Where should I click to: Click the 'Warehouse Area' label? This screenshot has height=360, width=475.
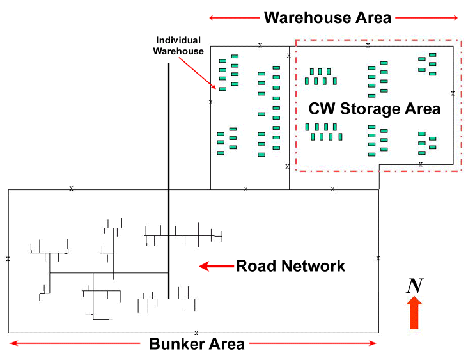[x=327, y=17]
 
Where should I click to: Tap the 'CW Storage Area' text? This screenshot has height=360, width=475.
[x=375, y=109]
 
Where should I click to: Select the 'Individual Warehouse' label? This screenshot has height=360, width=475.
[x=178, y=46]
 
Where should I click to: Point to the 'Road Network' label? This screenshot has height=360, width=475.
[x=291, y=266]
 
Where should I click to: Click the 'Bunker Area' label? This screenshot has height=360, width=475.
[x=197, y=344]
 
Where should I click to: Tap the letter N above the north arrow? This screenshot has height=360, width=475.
[x=414, y=286]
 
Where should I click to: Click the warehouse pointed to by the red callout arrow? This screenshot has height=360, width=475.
[x=222, y=89]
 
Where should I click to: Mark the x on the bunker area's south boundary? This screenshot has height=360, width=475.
[x=196, y=333]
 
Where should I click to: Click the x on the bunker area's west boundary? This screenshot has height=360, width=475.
[x=8, y=259]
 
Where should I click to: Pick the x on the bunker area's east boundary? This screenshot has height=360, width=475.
[x=378, y=258]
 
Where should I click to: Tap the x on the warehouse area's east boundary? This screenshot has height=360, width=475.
[x=453, y=93]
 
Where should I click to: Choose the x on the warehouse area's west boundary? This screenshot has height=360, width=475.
[x=210, y=102]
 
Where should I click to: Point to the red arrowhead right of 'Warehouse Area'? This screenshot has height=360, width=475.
[x=455, y=17]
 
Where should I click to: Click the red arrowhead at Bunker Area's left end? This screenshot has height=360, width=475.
[x=13, y=344]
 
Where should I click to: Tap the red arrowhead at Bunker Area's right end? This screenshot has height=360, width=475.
[x=373, y=344]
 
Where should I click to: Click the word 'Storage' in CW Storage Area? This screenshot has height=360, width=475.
[x=375, y=109]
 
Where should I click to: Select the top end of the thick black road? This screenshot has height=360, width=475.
[x=169, y=64]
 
